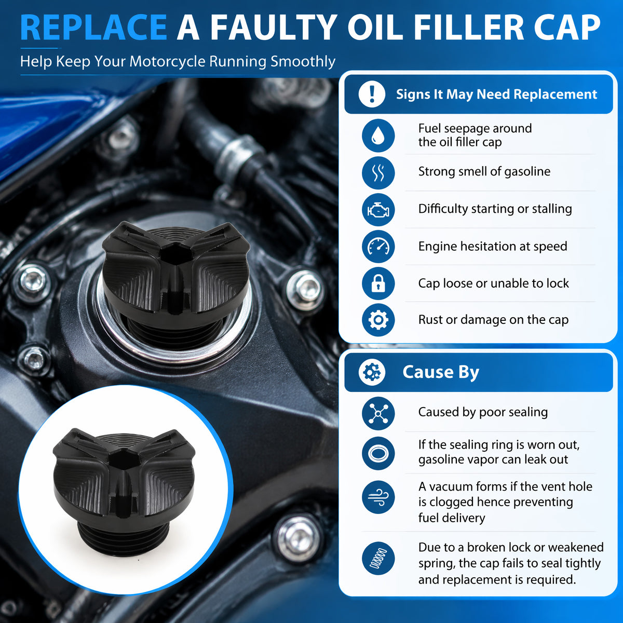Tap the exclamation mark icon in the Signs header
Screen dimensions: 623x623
pos(372,94)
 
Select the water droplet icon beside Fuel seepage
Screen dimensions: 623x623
pos(378,136)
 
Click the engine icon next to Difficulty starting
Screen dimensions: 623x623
pos(378,210)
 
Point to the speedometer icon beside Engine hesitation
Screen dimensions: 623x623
pos(378,247)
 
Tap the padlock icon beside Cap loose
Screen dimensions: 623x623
pos(378,283)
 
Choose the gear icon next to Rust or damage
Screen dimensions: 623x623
pos(378,320)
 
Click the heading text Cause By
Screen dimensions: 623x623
pos(441,372)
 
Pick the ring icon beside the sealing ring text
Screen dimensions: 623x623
pos(378,453)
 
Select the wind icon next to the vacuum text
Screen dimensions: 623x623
pos(378,497)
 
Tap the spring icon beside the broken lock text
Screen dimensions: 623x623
pos(378,558)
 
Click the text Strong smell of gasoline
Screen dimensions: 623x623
pos(484,172)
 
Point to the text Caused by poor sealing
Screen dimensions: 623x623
pos(483,412)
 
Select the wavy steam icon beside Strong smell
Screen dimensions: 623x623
pos(378,173)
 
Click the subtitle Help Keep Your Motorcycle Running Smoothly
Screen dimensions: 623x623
pos(178,61)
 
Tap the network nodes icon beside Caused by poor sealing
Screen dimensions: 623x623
pos(378,413)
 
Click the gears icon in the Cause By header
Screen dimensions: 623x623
pos(372,372)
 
